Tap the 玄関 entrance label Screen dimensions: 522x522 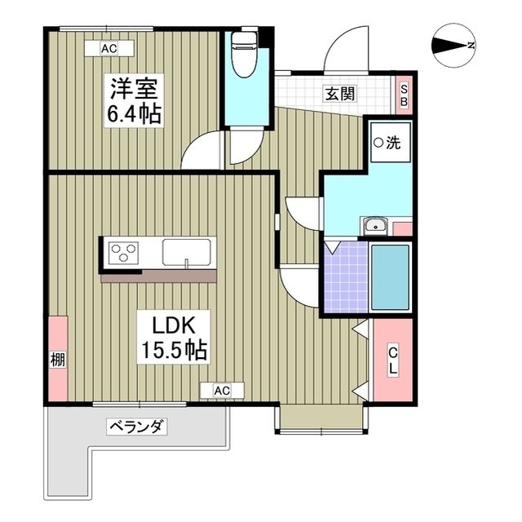pyautogui.click(x=341, y=93)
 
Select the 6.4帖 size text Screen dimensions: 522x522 pyautogui.click(x=134, y=113)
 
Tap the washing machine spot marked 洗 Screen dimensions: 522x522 pyautogui.click(x=387, y=144)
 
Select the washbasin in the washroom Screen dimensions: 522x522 pyautogui.click(x=375, y=226)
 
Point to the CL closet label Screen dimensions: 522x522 pyautogui.click(x=392, y=360)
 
